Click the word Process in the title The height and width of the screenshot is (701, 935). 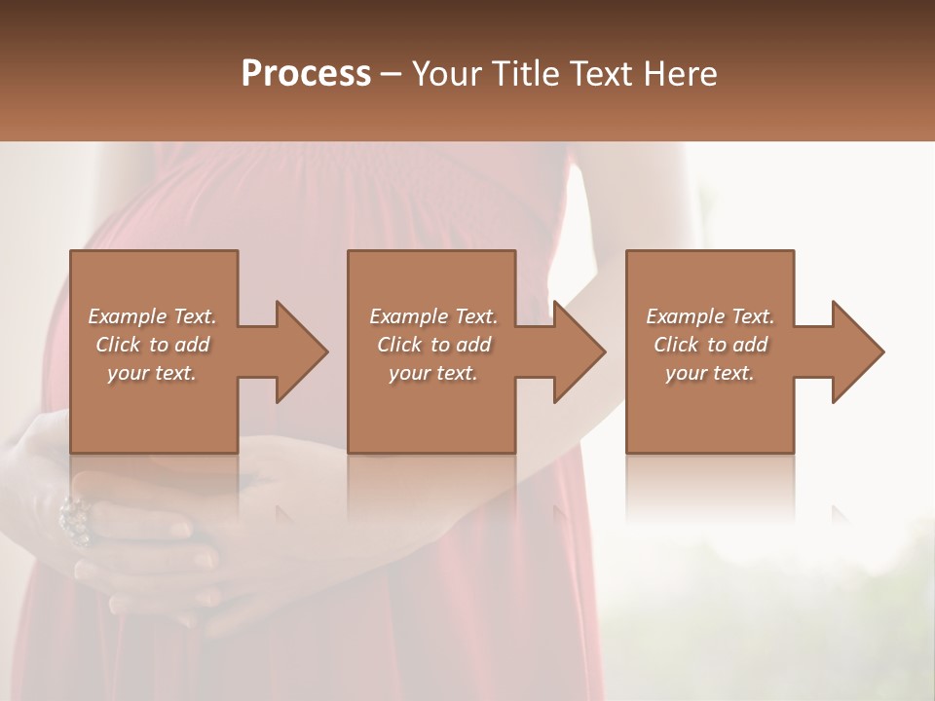[306, 74]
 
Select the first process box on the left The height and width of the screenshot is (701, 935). [153, 409]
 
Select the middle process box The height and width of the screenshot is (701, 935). [431, 409]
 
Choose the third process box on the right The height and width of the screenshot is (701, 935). [709, 409]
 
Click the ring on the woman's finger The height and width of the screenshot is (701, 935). [75, 519]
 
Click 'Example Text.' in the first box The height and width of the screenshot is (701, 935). [152, 316]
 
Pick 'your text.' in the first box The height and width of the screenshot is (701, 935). [152, 373]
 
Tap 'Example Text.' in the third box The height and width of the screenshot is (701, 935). [710, 316]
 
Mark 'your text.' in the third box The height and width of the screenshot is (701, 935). [710, 373]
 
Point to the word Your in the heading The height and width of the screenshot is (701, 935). [447, 74]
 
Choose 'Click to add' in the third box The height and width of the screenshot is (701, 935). [710, 345]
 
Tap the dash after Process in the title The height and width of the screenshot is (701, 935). [392, 75]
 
